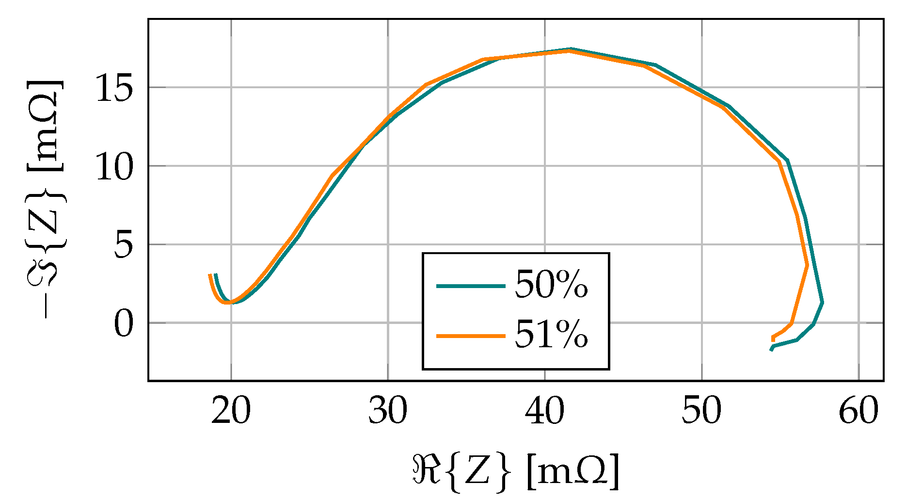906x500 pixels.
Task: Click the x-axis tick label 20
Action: pos(231,412)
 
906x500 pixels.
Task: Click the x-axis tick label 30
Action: pos(388,412)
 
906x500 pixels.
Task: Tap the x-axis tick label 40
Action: pos(545,412)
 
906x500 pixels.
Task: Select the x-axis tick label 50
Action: pos(701,412)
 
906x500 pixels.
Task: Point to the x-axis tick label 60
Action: pos(858,412)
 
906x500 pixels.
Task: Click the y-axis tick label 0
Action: pos(123,324)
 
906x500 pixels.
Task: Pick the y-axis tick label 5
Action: pos(123,245)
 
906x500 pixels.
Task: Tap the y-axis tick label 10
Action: pos(114,167)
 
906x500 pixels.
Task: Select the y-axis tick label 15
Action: pos(114,89)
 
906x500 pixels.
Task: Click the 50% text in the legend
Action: pos(551,285)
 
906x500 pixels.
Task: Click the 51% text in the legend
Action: pos(551,335)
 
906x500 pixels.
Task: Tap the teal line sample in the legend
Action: pos(471,286)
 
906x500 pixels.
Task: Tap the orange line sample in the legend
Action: pos(471,336)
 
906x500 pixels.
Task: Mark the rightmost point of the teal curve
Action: pos(823,302)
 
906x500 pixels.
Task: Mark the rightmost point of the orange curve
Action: pos(807,265)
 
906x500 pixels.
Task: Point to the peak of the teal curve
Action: pos(571,49)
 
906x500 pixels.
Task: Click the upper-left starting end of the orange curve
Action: pos(209,275)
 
